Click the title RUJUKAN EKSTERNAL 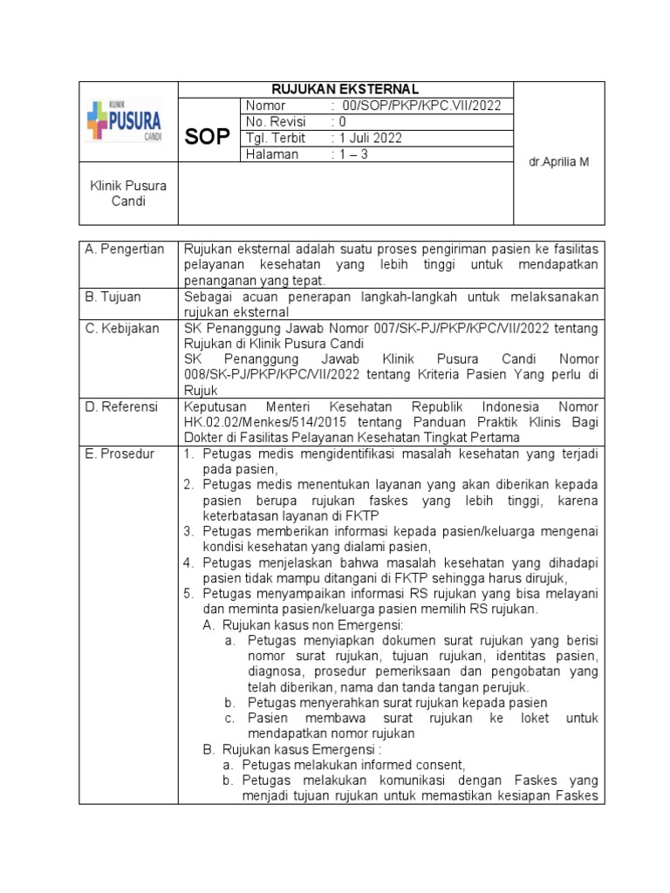345,89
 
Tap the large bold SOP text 208,137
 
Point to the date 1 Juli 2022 373,139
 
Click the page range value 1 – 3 358,154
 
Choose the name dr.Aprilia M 559,162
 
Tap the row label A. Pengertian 125,249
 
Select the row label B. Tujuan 114,297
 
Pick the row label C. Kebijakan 122,329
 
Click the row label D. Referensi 122,406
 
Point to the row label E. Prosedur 120,453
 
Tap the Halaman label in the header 273,154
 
